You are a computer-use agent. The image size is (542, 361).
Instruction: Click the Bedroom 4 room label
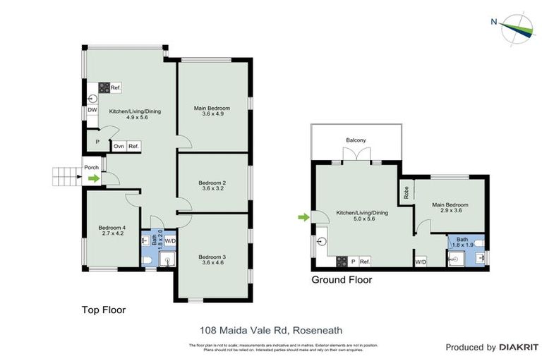(112, 231)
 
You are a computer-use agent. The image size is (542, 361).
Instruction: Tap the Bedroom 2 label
(213, 185)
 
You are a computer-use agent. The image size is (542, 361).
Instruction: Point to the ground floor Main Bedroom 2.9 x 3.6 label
(450, 209)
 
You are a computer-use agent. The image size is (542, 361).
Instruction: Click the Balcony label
(356, 140)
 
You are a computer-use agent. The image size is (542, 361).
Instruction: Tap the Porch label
(92, 168)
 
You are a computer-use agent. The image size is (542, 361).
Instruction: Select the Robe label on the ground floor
(406, 191)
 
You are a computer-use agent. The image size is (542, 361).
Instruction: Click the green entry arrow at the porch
(92, 179)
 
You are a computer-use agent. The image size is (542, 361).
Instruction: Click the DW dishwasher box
(92, 110)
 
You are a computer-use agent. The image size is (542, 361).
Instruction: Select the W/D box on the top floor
(170, 240)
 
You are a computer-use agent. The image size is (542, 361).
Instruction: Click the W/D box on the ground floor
(421, 262)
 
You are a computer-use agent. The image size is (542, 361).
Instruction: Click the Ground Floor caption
(342, 280)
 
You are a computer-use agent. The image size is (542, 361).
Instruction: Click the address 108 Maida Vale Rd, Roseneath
(270, 329)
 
